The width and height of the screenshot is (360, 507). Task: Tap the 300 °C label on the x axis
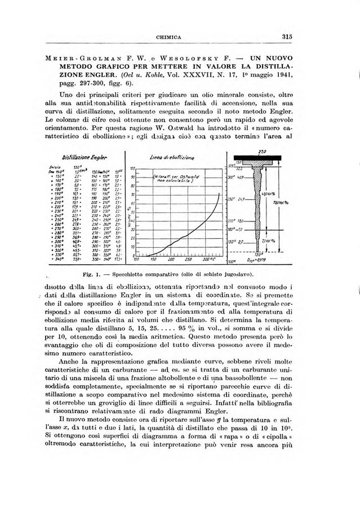tap(210, 260)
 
